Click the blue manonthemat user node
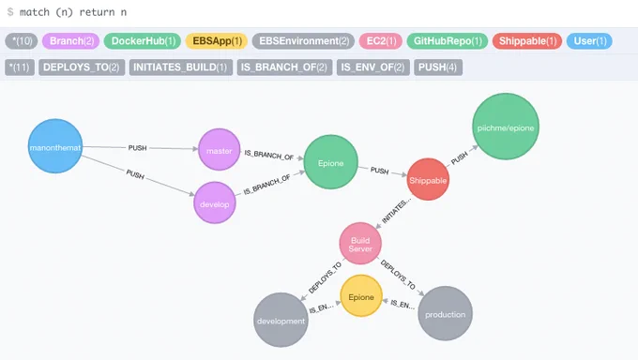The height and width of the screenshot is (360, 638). [x=55, y=146]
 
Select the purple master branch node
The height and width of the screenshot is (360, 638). [x=219, y=150]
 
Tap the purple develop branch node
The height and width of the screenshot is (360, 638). [x=215, y=202]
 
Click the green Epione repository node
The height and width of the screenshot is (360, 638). [x=331, y=162]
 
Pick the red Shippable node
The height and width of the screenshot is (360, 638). [x=428, y=179]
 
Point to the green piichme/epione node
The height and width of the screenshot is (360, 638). [x=506, y=127]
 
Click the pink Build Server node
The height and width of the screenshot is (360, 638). [x=360, y=243]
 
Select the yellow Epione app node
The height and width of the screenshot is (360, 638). [x=361, y=295]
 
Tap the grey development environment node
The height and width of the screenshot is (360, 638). [x=281, y=320]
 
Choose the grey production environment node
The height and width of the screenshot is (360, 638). [x=445, y=313]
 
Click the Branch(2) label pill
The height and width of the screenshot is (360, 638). [x=70, y=41]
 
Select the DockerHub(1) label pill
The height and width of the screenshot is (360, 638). [x=143, y=41]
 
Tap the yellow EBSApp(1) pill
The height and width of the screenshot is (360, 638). [x=217, y=41]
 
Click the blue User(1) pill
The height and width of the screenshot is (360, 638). [x=589, y=41]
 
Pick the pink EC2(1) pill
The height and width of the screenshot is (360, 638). [x=380, y=41]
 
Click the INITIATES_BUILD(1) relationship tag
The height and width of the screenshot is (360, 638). [x=181, y=67]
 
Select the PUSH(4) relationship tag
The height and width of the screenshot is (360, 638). [x=438, y=67]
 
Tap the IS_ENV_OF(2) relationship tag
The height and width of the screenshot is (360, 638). [x=373, y=67]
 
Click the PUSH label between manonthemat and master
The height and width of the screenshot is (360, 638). [x=138, y=148]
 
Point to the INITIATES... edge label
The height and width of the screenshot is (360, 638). [x=396, y=211]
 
